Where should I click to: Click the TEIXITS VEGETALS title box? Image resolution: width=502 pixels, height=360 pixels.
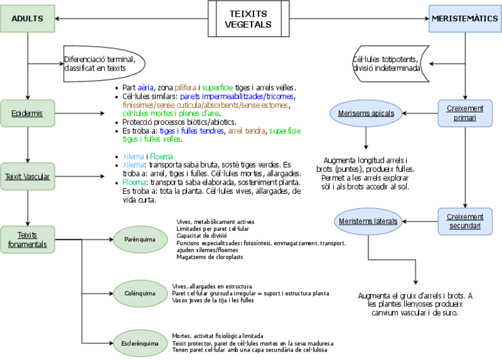(248, 19)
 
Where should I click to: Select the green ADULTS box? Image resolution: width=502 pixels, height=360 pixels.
(27, 19)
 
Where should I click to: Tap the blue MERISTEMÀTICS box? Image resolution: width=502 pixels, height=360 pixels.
(465, 19)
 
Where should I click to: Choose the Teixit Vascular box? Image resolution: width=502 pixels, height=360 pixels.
(27, 176)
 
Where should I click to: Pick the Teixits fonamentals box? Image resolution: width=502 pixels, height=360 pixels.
(27, 240)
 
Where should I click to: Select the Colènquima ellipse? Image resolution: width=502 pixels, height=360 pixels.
(140, 293)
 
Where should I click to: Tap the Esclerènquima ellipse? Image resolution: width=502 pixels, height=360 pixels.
(140, 343)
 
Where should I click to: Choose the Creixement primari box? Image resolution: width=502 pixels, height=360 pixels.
(465, 112)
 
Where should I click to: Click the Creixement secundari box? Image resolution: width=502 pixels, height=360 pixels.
(465, 221)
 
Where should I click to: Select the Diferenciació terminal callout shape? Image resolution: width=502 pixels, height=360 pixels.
(101, 63)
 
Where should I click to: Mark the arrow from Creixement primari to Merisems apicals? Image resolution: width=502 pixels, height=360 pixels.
(420, 112)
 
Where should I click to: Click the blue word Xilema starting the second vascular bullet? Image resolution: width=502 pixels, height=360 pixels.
(132, 164)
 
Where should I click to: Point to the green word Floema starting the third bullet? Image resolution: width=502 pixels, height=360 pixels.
(134, 183)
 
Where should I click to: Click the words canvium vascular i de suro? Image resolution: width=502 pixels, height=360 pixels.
(414, 312)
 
